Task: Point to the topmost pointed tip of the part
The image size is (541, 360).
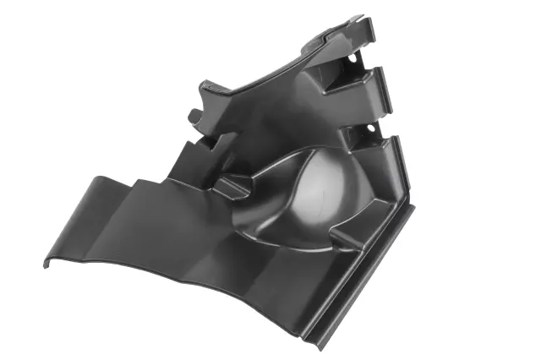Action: click(361, 17)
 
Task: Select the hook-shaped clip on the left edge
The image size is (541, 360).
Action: click(195, 115)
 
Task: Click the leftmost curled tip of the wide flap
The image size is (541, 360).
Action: click(46, 264)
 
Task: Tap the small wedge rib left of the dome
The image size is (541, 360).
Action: click(231, 180)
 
